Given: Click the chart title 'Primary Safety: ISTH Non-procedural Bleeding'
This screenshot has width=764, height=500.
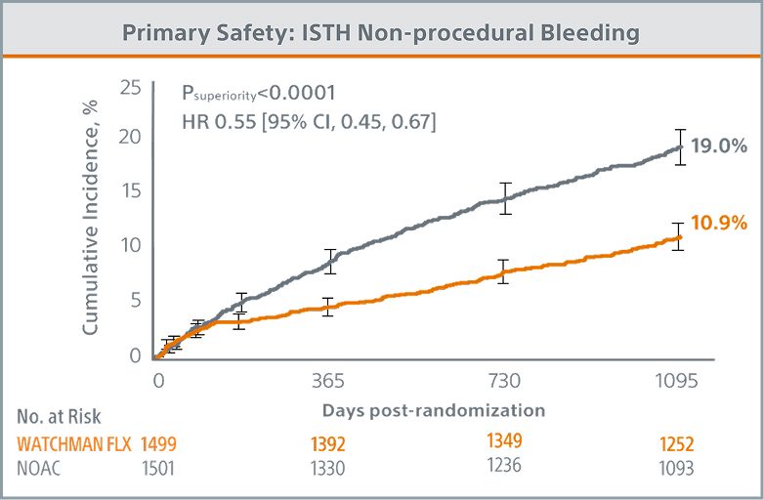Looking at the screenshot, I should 381,32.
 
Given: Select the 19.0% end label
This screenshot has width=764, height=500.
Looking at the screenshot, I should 719,146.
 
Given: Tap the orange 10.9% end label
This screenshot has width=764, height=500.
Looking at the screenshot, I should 719,224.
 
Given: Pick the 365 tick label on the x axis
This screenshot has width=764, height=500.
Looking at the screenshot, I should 329,381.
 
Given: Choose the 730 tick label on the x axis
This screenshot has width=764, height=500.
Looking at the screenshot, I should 505,381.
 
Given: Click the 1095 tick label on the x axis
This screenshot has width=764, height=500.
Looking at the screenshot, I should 675,381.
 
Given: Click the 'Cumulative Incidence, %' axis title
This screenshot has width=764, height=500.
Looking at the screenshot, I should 90,223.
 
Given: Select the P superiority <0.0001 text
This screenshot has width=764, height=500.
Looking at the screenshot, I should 259,94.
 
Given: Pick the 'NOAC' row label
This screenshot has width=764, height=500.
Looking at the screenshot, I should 39,468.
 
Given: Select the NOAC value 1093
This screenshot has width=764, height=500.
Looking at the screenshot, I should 675,468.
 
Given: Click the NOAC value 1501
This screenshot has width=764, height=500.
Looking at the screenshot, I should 159,468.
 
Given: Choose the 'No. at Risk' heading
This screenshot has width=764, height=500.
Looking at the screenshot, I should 58,418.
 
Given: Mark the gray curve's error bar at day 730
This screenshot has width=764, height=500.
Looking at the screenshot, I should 505,198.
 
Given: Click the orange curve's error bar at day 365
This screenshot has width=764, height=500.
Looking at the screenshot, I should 329,307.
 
